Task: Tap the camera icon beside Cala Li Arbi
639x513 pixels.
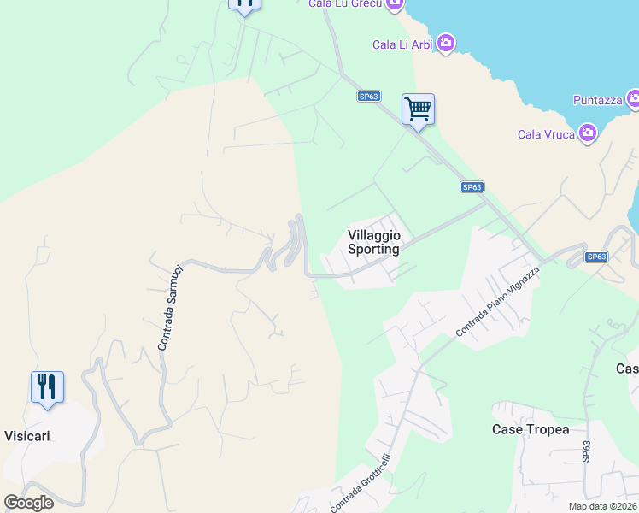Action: coord(445,43)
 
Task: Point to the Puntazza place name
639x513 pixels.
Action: coord(597,100)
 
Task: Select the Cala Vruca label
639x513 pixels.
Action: coord(546,134)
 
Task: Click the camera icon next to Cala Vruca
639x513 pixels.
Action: coord(587,133)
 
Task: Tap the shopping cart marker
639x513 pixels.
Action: coord(418,109)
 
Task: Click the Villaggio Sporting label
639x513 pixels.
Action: coord(373,242)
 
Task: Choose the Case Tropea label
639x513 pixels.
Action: coord(531,429)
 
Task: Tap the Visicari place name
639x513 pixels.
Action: coord(26,436)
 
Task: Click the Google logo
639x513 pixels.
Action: coord(28,503)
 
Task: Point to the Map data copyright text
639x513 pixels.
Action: coord(603,506)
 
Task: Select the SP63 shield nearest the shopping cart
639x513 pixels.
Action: coord(369,97)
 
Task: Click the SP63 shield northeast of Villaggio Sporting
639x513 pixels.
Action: coord(472,186)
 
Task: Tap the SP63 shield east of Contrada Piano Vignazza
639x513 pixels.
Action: coord(596,256)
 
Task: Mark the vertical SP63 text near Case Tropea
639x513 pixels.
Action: coord(586,451)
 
